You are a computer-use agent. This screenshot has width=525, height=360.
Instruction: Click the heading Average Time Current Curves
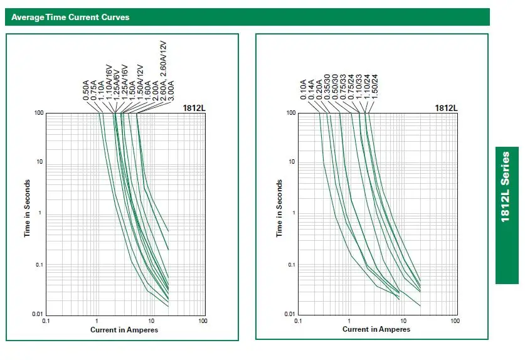[x=70, y=17]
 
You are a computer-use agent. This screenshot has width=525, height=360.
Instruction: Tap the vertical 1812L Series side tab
[x=507, y=215]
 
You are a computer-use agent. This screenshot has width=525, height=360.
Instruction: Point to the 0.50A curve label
[x=87, y=90]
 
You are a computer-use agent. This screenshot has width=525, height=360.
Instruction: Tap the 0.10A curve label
[x=304, y=90]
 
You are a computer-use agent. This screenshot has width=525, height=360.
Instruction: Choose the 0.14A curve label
[x=312, y=90]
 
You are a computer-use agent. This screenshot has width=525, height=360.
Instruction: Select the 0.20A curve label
[x=319, y=90]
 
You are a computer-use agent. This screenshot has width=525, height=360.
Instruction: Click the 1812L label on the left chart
[x=194, y=108]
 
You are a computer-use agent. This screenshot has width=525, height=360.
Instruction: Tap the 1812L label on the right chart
[x=446, y=108]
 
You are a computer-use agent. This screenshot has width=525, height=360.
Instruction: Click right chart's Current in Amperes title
[x=376, y=329]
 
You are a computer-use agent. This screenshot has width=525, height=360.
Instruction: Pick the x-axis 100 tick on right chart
[x=453, y=321]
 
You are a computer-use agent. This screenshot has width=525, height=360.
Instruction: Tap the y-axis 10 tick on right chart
[x=292, y=162]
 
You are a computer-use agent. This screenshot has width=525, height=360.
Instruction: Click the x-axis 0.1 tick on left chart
[x=46, y=321]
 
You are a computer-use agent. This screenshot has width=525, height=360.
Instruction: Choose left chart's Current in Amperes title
[x=124, y=329]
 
